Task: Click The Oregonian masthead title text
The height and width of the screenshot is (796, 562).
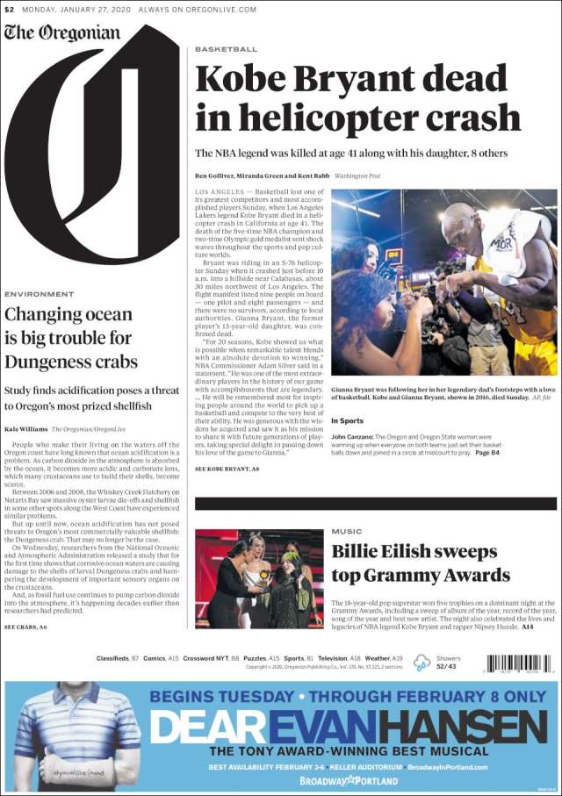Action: tap(61, 33)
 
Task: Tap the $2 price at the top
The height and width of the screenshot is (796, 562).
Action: tap(9, 10)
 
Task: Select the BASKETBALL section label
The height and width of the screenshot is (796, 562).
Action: tap(226, 49)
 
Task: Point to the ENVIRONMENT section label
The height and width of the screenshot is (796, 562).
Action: tap(39, 294)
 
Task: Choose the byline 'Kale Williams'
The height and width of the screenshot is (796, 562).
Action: tap(25, 428)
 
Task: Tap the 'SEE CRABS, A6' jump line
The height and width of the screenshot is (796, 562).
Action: tap(25, 627)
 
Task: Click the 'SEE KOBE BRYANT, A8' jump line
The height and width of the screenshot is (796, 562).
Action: tap(227, 470)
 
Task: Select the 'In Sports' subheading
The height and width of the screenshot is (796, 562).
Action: tap(347, 421)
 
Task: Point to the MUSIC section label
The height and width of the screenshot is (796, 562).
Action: tap(346, 532)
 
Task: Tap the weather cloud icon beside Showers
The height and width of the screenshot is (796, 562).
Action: tap(422, 663)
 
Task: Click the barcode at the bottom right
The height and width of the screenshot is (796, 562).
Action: tap(519, 663)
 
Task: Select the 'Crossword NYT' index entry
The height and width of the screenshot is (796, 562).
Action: tap(205, 658)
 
